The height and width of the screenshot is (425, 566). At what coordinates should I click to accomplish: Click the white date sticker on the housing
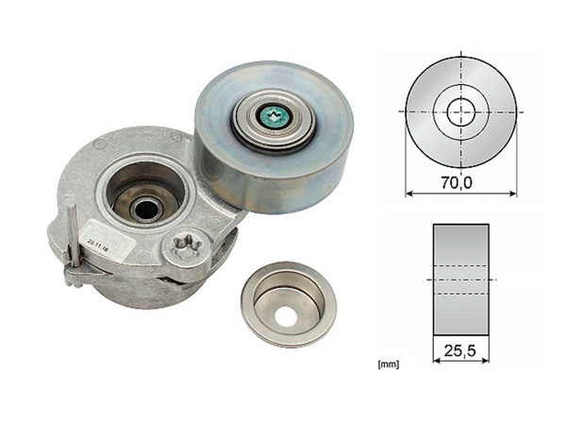(98, 242)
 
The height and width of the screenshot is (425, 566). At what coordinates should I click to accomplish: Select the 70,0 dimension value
(460, 183)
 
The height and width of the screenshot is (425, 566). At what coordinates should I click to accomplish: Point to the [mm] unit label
(386, 362)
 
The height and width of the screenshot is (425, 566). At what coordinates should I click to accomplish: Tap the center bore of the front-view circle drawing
(460, 110)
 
